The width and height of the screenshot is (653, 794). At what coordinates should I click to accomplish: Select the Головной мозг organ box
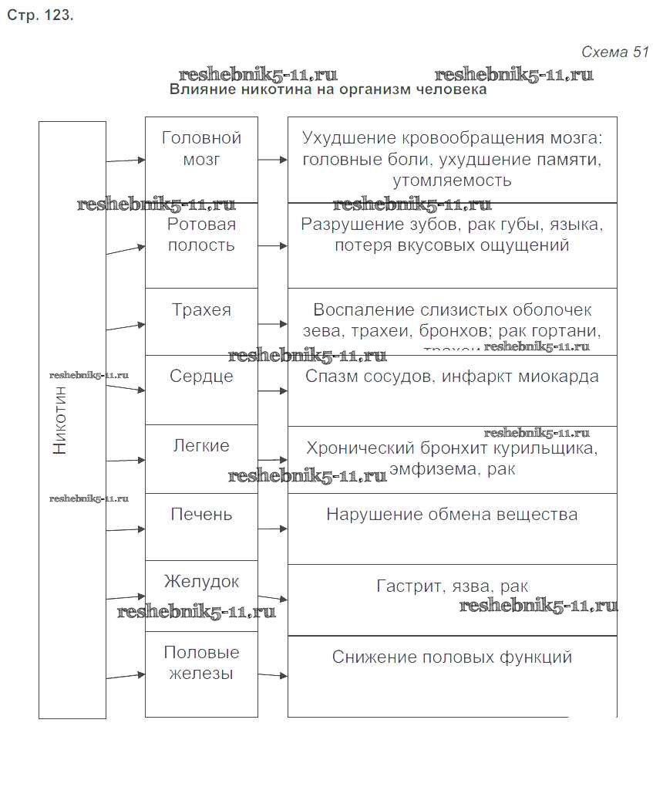[x=201, y=149]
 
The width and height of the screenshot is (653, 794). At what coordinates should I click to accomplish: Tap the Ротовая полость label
[x=201, y=235]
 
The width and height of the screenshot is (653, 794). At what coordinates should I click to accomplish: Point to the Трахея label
[x=201, y=310]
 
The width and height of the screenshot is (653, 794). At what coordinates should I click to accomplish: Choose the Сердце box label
[x=201, y=377]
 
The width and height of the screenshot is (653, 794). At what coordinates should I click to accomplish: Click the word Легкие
[x=201, y=446]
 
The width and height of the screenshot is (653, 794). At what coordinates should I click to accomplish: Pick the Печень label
[x=201, y=514]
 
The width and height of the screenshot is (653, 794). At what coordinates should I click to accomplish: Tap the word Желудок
[x=201, y=581]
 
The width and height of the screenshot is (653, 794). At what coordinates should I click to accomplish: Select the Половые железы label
[x=201, y=663]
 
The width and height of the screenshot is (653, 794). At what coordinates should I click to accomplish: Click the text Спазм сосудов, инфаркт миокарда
[x=452, y=377]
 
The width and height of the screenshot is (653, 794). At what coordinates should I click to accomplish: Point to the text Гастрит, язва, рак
[x=452, y=586]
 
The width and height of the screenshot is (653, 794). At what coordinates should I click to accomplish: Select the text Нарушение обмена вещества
[x=452, y=514]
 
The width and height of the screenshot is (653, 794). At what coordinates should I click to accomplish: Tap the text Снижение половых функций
[x=452, y=657]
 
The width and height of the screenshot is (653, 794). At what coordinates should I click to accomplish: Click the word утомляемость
[x=452, y=182]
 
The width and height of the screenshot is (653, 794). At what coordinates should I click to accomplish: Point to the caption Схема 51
[x=614, y=52]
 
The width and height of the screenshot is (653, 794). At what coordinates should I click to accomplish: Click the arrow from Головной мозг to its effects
[x=273, y=160]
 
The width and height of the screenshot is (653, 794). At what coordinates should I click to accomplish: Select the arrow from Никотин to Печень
[x=126, y=529]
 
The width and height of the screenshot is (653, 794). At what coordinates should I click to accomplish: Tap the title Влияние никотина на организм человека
[x=328, y=90]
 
